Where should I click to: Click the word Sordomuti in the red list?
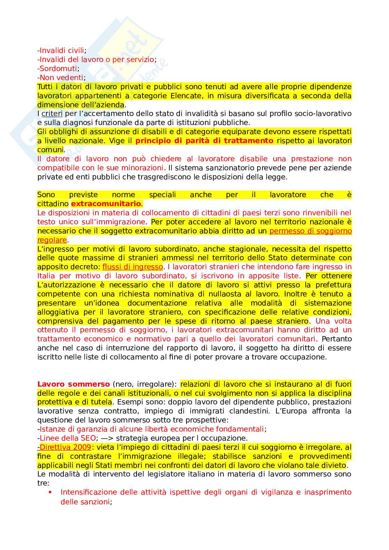pyautogui.click(x=58, y=69)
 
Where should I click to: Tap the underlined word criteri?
pyautogui.click(x=52, y=114)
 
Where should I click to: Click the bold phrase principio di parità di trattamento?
pyautogui.click(x=204, y=141)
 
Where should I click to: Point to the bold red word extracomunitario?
pyautogui.click(x=106, y=204)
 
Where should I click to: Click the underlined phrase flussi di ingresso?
pyautogui.click(x=132, y=267)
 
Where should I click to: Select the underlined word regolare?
pyautogui.click(x=52, y=240)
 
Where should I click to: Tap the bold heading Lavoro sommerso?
pyautogui.click(x=74, y=384)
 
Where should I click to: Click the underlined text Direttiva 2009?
pyautogui.click(x=65, y=447)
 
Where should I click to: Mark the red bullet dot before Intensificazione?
pyautogui.click(x=50, y=492)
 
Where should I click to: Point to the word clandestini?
pyautogui.click(x=249, y=411)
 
